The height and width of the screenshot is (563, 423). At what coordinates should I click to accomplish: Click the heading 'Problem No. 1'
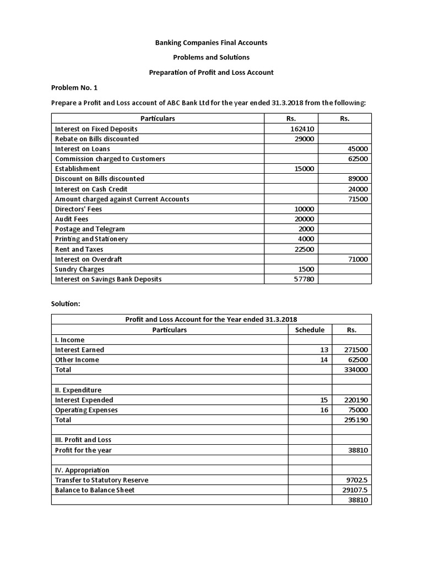[74, 87]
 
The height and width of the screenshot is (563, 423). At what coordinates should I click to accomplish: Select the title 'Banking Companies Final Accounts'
[211, 42]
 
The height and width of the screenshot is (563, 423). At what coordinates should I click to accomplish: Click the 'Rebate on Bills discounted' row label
[97, 139]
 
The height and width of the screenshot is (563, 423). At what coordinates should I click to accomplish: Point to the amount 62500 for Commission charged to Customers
[357, 159]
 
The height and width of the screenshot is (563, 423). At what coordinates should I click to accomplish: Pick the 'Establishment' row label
[78, 169]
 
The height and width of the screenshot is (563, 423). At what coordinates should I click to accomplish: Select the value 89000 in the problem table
[357, 179]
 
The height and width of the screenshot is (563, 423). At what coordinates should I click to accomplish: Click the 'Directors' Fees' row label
[79, 209]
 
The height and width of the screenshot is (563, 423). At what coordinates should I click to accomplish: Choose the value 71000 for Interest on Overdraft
[357, 259]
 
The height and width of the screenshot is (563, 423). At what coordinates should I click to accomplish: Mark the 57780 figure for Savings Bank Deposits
[304, 279]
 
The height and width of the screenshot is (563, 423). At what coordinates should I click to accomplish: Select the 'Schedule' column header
[310, 330]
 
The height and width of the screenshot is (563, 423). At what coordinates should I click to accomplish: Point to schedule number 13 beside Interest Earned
[324, 350]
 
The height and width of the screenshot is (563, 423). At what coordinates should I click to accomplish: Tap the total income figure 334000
[356, 370]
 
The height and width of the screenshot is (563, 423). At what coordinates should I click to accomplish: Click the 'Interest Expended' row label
[84, 400]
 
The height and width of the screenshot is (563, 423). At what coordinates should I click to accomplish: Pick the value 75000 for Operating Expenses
[357, 410]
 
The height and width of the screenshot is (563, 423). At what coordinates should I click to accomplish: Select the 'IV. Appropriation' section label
[82, 470]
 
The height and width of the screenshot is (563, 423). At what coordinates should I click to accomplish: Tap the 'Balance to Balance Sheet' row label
[95, 490]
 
